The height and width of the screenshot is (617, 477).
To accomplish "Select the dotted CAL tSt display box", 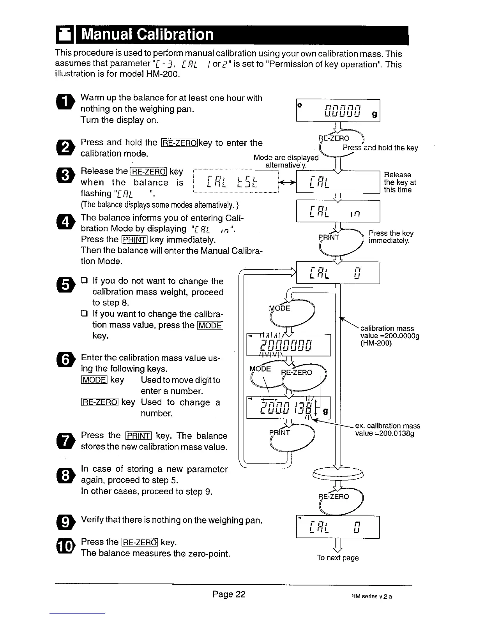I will pos(236,182).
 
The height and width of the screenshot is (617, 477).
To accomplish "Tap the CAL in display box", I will pos(338,211).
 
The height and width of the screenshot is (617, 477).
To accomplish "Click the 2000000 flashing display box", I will pos(288,345).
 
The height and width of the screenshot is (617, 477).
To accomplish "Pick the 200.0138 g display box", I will pos(288,407).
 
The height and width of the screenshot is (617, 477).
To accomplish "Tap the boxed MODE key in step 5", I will pos(210,325).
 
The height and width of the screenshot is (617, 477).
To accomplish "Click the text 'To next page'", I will pos(337,558).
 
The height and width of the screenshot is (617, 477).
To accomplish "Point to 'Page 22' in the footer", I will pos(229,594).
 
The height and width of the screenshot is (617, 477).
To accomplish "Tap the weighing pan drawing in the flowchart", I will pos(338,474).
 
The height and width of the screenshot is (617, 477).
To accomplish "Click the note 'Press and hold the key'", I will pos(380,148).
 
